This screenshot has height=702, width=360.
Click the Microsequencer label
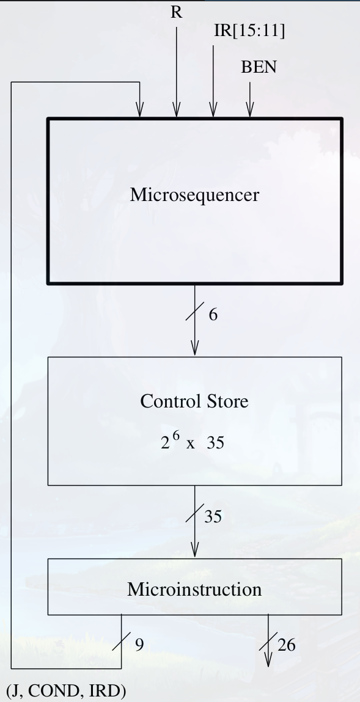(194, 195)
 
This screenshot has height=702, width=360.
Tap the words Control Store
(194, 401)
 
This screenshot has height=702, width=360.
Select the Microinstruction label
(194, 589)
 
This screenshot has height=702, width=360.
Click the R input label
(177, 13)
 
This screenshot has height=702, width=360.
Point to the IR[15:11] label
(249, 31)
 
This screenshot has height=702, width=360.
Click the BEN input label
(259, 67)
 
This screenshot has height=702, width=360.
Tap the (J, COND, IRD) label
(66, 691)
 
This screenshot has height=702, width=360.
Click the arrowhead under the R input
(177, 110)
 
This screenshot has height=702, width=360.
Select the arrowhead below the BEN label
(250, 110)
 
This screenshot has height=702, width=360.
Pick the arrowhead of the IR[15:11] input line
(213, 110)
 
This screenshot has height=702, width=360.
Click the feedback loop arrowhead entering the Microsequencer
(140, 110)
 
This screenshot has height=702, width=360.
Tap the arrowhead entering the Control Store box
(195, 348)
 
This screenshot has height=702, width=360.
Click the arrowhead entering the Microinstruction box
(195, 550)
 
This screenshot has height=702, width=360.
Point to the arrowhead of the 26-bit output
(268, 659)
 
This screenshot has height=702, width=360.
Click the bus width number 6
(213, 315)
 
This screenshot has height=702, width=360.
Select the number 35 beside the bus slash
(213, 517)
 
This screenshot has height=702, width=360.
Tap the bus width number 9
(140, 645)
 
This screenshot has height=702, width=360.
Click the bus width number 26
(287, 645)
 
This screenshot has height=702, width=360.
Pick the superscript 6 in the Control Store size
(177, 435)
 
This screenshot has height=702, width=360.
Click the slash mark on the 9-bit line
(122, 641)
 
